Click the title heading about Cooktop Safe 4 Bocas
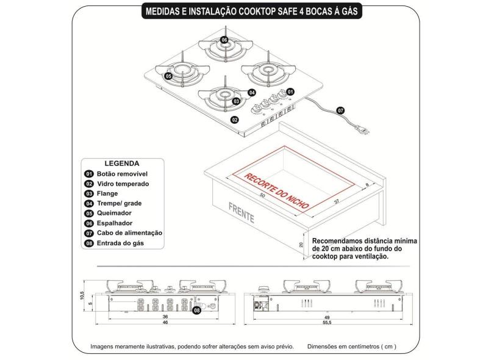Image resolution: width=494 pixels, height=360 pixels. point(246,12)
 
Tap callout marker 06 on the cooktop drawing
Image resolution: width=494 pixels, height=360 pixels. point(224,40)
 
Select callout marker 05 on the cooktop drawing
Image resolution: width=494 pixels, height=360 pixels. point(168,76)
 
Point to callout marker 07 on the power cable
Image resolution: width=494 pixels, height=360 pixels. point(341,110)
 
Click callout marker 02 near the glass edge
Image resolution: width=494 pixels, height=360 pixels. point(234,120)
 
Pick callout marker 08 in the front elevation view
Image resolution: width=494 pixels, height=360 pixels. point(196,311)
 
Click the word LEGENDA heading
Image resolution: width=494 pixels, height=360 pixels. point(122,164)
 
